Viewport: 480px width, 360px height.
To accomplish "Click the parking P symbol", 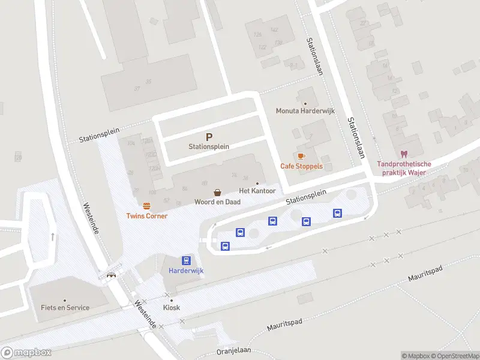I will [x=209, y=137].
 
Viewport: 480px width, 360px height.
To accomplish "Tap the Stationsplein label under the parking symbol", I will [x=209, y=146].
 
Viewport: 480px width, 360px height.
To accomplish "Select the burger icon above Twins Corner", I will [x=146, y=206].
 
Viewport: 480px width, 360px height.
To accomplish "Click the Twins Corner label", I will [x=146, y=216].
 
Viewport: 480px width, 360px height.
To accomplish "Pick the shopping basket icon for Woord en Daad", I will [x=217, y=193].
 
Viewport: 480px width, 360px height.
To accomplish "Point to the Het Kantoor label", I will [x=257, y=191].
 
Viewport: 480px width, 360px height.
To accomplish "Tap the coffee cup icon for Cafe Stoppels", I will [x=301, y=156].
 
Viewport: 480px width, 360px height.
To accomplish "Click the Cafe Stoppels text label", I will [x=301, y=166].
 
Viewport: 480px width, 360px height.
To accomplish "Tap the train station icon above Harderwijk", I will [x=186, y=260].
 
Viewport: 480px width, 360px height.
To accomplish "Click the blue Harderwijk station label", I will [x=186, y=271].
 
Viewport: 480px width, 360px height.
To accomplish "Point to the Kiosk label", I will [x=172, y=308].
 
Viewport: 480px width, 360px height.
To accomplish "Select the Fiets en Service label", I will [x=65, y=308].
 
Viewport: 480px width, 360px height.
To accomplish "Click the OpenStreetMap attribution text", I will [x=454, y=356].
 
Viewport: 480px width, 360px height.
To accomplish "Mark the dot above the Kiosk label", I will [x=172, y=300].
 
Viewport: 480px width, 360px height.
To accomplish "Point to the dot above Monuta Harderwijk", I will [x=305, y=103].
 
